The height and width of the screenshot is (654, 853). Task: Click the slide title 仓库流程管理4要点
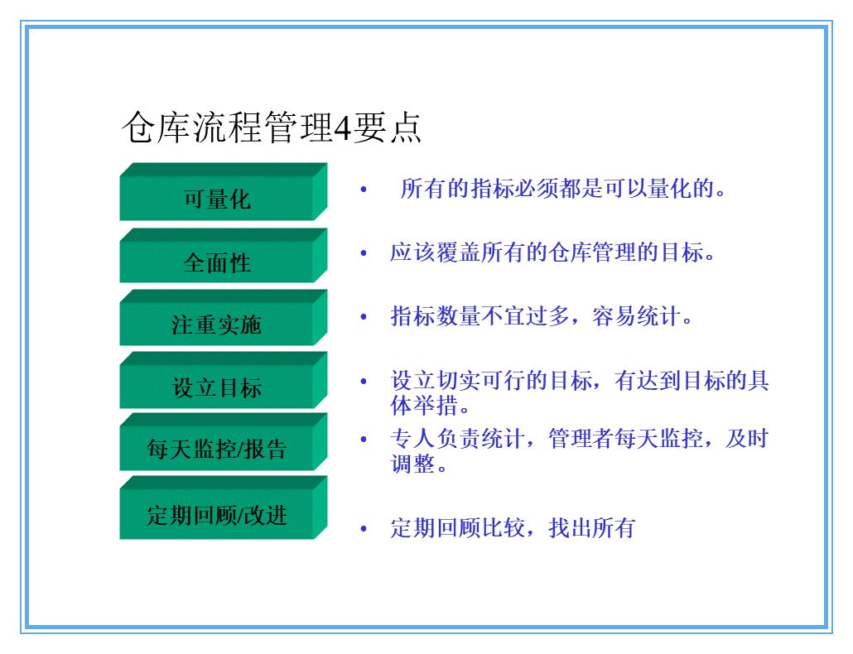272,128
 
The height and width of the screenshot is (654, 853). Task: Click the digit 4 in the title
342,129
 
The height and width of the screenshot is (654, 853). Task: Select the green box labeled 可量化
216,200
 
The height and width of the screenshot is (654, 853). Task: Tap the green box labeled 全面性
216,262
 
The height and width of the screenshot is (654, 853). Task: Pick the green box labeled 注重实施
216,325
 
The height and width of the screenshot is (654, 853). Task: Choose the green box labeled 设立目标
216,387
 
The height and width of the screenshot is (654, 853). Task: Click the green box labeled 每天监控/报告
216,449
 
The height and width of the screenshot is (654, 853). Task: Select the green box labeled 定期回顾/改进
216,515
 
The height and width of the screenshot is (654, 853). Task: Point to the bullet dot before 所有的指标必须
363,190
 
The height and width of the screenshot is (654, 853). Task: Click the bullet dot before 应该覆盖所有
363,252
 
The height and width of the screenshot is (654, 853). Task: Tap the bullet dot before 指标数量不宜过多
363,316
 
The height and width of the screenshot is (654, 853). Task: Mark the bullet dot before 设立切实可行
363,381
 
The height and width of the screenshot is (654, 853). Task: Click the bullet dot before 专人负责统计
363,439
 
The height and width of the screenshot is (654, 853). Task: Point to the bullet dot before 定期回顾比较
363,528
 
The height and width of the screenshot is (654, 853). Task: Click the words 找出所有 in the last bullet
591,528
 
